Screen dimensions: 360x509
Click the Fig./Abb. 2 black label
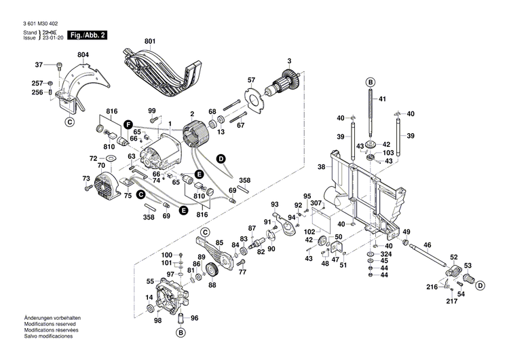(x=88, y=35)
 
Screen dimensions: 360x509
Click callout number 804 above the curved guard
(x=83, y=54)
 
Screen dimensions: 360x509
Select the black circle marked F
(x=127, y=124)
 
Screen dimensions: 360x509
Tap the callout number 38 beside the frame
(x=321, y=166)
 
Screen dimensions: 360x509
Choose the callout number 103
(x=388, y=153)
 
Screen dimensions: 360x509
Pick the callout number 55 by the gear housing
(x=150, y=281)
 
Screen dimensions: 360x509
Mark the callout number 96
(x=195, y=317)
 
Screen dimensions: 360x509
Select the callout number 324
(x=385, y=253)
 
